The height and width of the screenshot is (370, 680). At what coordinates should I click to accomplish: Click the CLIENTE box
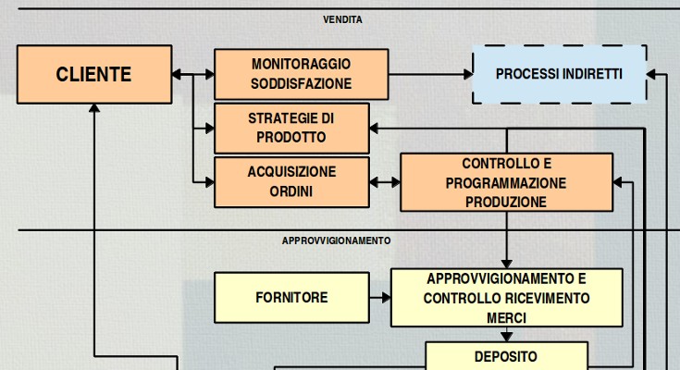[x=93, y=75]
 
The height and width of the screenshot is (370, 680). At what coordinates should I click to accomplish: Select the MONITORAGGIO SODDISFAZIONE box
[x=301, y=74]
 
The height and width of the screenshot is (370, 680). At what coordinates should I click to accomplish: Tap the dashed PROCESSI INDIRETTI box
[x=559, y=74]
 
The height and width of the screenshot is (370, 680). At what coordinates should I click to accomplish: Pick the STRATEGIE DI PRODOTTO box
[x=291, y=128]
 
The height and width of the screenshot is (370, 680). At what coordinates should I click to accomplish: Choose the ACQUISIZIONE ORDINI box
[x=291, y=181]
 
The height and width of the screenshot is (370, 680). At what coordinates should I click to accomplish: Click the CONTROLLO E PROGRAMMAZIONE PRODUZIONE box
[x=506, y=182]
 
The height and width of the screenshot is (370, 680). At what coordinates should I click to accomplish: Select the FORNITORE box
[x=291, y=298]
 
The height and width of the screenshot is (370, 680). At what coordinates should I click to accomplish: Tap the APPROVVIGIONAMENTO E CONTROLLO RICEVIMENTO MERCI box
[x=506, y=298]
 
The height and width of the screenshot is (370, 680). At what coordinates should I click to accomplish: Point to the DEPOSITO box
[x=506, y=356]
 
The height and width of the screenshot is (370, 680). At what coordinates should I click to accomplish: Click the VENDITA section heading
[x=342, y=19]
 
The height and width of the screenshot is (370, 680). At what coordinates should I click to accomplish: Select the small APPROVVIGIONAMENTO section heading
[x=336, y=240]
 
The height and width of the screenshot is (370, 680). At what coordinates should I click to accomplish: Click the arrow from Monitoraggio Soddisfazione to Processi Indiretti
[x=430, y=74]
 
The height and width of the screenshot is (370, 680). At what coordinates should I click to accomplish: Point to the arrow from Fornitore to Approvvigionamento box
[x=380, y=298]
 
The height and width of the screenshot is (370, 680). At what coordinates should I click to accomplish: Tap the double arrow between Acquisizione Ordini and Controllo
[x=385, y=182]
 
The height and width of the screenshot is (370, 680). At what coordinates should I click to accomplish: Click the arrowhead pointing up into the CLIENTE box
[x=93, y=108]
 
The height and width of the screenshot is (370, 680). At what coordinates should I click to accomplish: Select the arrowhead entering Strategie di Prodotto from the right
[x=376, y=129]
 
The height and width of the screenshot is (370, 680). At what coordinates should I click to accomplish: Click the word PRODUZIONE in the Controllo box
[x=506, y=202]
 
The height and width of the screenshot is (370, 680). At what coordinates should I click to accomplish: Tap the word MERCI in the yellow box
[x=506, y=317]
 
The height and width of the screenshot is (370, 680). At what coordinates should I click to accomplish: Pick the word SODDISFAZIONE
[x=301, y=84]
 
